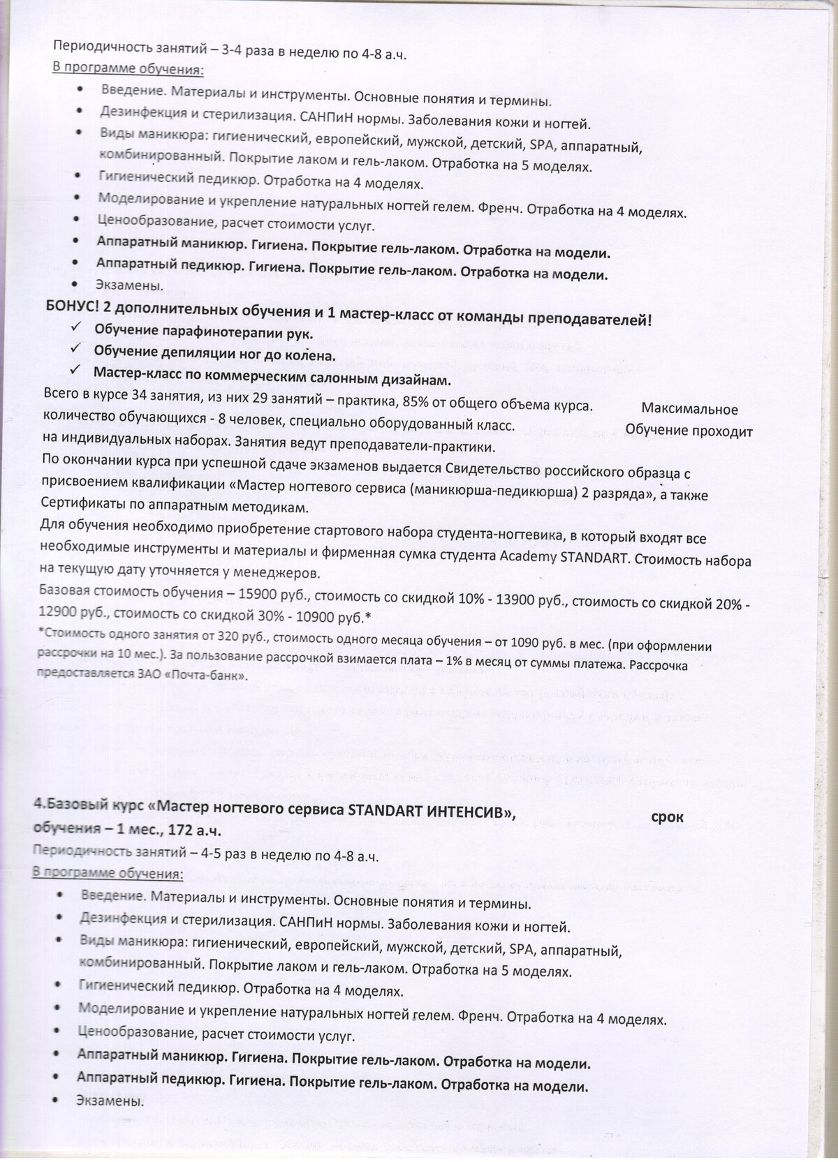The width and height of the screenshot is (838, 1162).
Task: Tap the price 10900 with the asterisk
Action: tap(337, 617)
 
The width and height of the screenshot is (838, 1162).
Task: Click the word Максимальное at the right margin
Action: tap(689, 410)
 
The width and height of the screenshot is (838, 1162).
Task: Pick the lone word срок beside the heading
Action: tap(667, 817)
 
